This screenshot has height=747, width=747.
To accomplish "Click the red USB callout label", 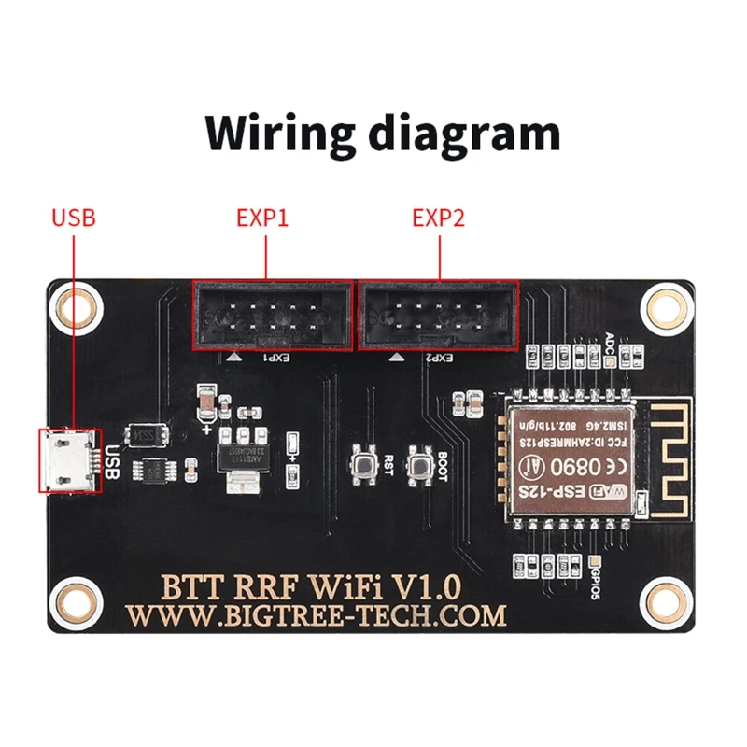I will pos(74,218).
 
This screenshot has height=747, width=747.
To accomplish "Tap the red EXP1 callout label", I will pos(262,218).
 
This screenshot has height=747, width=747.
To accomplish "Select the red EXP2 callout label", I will pos(438,218).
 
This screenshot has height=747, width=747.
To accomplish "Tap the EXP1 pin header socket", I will pos(272,316).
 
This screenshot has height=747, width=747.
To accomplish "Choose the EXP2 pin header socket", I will pos(438,316).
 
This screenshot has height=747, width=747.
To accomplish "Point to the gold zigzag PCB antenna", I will pos(666,452).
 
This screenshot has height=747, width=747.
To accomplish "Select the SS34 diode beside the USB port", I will pos(148,434).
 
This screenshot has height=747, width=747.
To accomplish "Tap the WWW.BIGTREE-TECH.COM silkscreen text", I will pos(317,615).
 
